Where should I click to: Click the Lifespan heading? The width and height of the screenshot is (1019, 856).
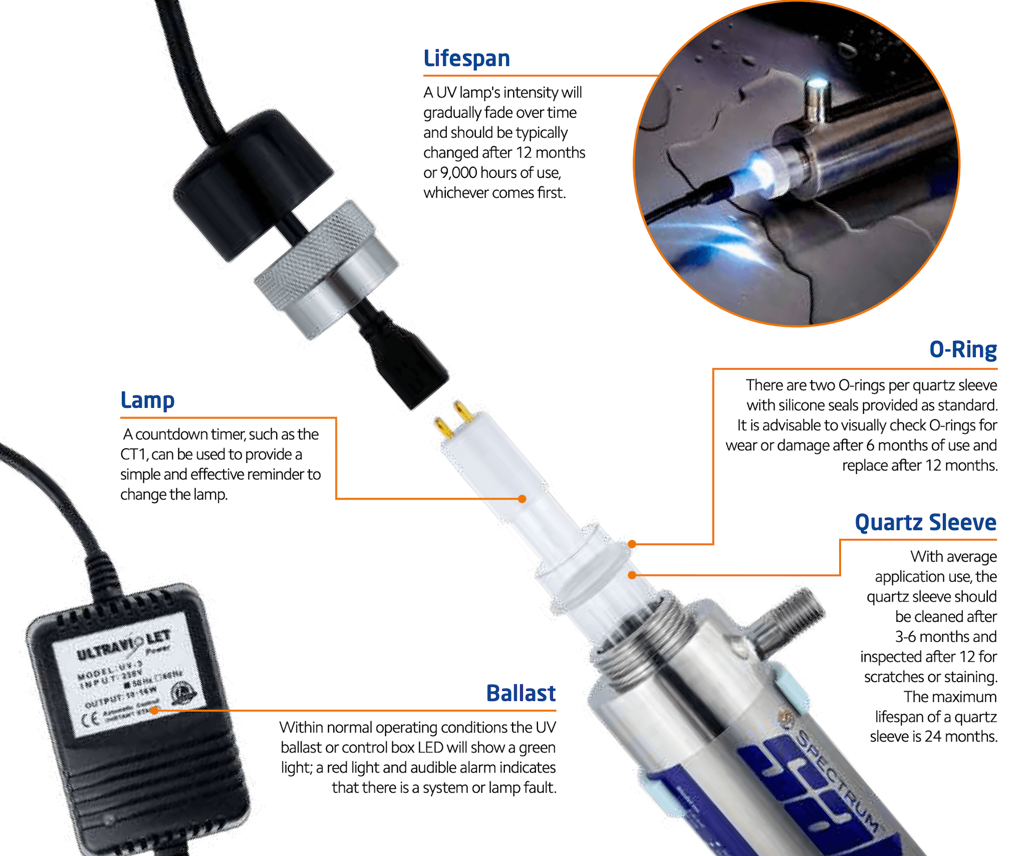(x=466, y=58)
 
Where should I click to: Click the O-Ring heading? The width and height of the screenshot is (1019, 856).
(x=962, y=349)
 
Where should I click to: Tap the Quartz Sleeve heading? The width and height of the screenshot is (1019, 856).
(x=925, y=523)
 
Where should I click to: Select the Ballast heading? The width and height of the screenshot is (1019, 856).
(x=520, y=693)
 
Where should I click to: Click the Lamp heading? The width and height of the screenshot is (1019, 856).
(x=147, y=400)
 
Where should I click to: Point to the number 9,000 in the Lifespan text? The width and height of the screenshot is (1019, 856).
(x=458, y=173)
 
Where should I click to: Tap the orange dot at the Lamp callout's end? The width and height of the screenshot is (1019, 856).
(x=522, y=499)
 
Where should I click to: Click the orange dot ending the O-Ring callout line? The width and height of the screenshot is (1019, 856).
(x=632, y=544)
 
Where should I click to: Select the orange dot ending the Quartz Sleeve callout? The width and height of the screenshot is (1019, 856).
(x=632, y=575)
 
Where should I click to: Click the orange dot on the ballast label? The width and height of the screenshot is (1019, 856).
(x=154, y=710)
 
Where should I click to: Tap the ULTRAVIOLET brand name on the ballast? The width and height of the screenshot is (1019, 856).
(x=122, y=645)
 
